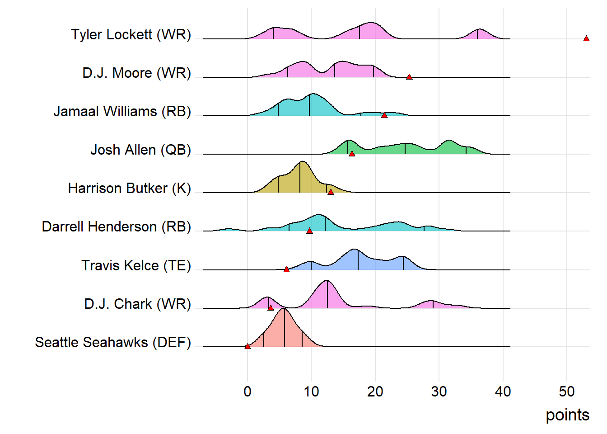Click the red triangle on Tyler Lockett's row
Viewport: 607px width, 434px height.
(586, 39)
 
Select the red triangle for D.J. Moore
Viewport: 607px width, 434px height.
(409, 77)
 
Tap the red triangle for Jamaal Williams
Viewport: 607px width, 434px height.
(384, 116)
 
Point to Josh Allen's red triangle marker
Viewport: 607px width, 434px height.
(352, 154)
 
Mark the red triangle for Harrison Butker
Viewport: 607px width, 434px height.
(331, 193)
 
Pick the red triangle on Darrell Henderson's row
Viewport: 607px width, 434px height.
(309, 231)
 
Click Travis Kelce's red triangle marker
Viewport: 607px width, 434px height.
(286, 269)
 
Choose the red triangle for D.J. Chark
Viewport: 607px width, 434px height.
(271, 308)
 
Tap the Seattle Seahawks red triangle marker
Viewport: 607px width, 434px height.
(247, 346)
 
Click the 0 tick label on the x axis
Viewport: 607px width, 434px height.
(247, 392)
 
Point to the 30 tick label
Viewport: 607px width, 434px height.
(439, 392)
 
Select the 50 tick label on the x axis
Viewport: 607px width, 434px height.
(567, 392)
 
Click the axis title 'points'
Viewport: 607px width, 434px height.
(567, 415)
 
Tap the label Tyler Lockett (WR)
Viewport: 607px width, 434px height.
(131, 35)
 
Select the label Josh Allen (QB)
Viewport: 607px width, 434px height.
(141, 150)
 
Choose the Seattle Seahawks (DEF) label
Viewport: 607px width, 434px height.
(113, 343)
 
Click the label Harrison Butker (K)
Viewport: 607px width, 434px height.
(130, 189)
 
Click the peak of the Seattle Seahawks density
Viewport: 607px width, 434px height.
(284, 309)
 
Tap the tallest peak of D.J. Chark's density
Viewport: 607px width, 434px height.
(327, 281)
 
